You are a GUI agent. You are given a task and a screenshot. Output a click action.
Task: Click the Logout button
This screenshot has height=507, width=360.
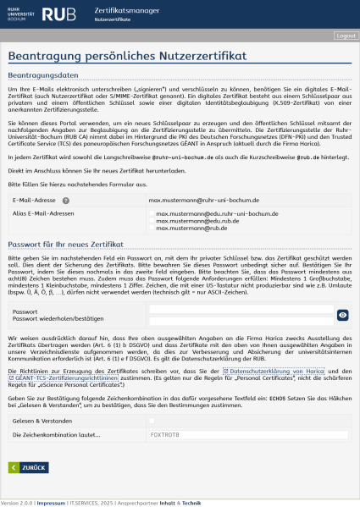tap(346, 36)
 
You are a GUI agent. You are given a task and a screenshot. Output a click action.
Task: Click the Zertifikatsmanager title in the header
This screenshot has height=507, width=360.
tap(126, 8)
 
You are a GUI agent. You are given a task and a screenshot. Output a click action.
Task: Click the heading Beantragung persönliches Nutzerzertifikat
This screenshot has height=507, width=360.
tap(127, 56)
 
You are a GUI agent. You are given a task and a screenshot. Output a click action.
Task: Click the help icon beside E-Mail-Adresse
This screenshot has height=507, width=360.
tap(65, 201)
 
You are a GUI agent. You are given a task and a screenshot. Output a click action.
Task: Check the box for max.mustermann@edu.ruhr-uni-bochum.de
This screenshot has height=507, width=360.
tap(152, 214)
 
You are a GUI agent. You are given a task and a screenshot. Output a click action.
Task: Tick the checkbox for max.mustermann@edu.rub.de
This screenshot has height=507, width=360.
tap(152, 221)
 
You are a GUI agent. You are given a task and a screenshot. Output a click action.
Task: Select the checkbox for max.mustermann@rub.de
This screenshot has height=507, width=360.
tap(152, 228)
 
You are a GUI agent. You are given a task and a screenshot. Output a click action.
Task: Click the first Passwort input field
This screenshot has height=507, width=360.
tap(241, 310)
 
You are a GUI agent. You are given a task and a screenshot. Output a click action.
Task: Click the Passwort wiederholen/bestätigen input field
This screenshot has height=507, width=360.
tap(241, 320)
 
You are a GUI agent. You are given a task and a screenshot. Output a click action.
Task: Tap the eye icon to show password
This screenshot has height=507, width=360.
tap(342, 315)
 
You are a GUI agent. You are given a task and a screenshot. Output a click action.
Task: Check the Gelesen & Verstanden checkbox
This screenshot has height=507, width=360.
tap(152, 421)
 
